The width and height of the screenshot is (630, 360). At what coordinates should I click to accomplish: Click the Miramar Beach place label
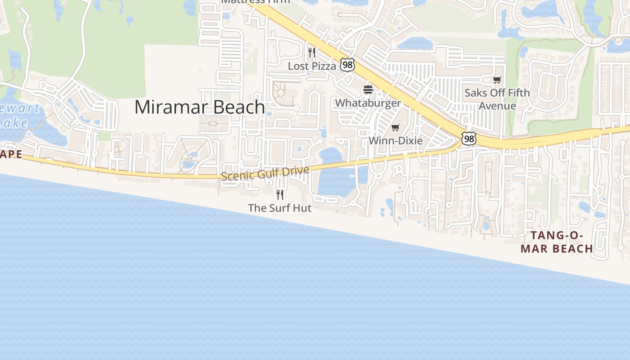199,107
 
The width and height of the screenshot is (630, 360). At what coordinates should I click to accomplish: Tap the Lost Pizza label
312,66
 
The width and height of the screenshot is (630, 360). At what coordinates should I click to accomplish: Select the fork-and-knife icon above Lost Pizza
311,53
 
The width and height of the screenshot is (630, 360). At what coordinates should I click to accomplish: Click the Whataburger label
368,103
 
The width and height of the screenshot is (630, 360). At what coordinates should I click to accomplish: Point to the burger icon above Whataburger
368,90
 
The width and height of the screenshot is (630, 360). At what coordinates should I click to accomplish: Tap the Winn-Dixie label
396,141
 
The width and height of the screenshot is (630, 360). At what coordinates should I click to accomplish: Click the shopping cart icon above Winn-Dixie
396,128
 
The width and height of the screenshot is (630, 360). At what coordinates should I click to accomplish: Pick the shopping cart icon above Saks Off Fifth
497,80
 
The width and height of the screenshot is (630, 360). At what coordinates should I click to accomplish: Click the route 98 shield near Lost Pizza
347,65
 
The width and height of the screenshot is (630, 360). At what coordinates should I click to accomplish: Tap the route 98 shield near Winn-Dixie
469,139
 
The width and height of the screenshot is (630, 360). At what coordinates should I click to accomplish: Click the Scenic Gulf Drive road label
265,173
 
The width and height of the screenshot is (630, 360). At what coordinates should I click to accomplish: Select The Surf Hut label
279,208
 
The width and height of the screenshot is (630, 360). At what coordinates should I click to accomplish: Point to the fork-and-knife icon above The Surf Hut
279,194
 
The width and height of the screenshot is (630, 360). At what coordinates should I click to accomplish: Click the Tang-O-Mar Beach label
557,242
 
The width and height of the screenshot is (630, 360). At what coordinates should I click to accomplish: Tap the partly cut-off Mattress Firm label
255,2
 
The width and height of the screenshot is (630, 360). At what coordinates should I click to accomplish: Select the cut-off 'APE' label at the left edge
11,154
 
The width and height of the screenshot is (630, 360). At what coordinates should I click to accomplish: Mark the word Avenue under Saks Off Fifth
497,106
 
